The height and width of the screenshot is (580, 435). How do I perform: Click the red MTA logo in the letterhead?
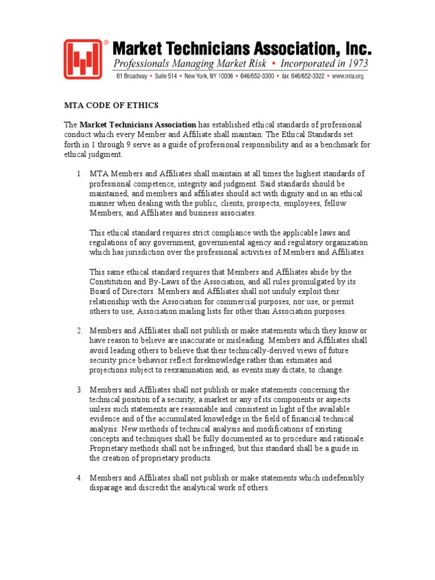pos(83,59)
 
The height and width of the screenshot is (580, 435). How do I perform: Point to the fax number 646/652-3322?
pos(306,76)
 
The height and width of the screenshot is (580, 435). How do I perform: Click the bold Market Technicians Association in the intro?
pos(138,125)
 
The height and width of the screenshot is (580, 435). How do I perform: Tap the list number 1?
pos(80,173)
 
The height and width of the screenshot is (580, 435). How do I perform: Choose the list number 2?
pos(80,331)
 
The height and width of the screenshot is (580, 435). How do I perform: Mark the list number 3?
pos(80,390)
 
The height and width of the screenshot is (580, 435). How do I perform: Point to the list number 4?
pos(80,478)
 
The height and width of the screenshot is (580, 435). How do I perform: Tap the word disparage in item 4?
pos(108,488)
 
